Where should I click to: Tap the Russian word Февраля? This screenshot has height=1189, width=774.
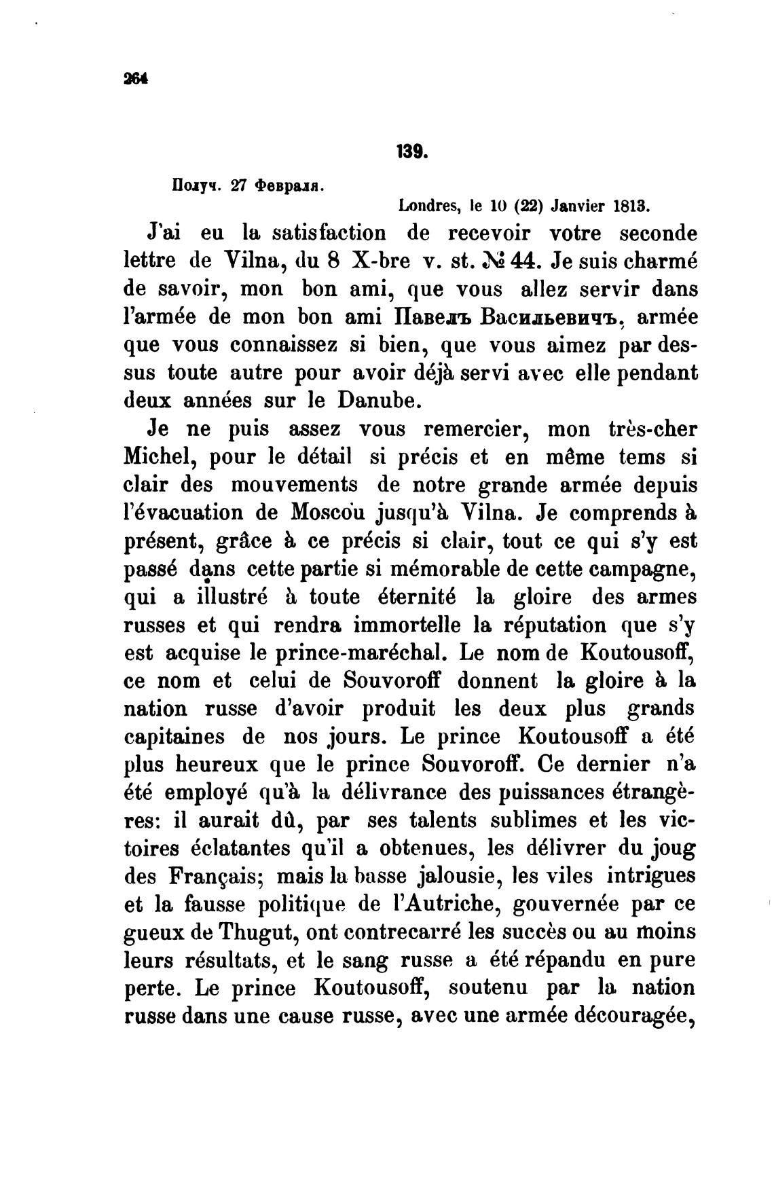pyautogui.click(x=289, y=185)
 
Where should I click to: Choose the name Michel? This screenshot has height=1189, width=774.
pyautogui.click(x=160, y=457)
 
